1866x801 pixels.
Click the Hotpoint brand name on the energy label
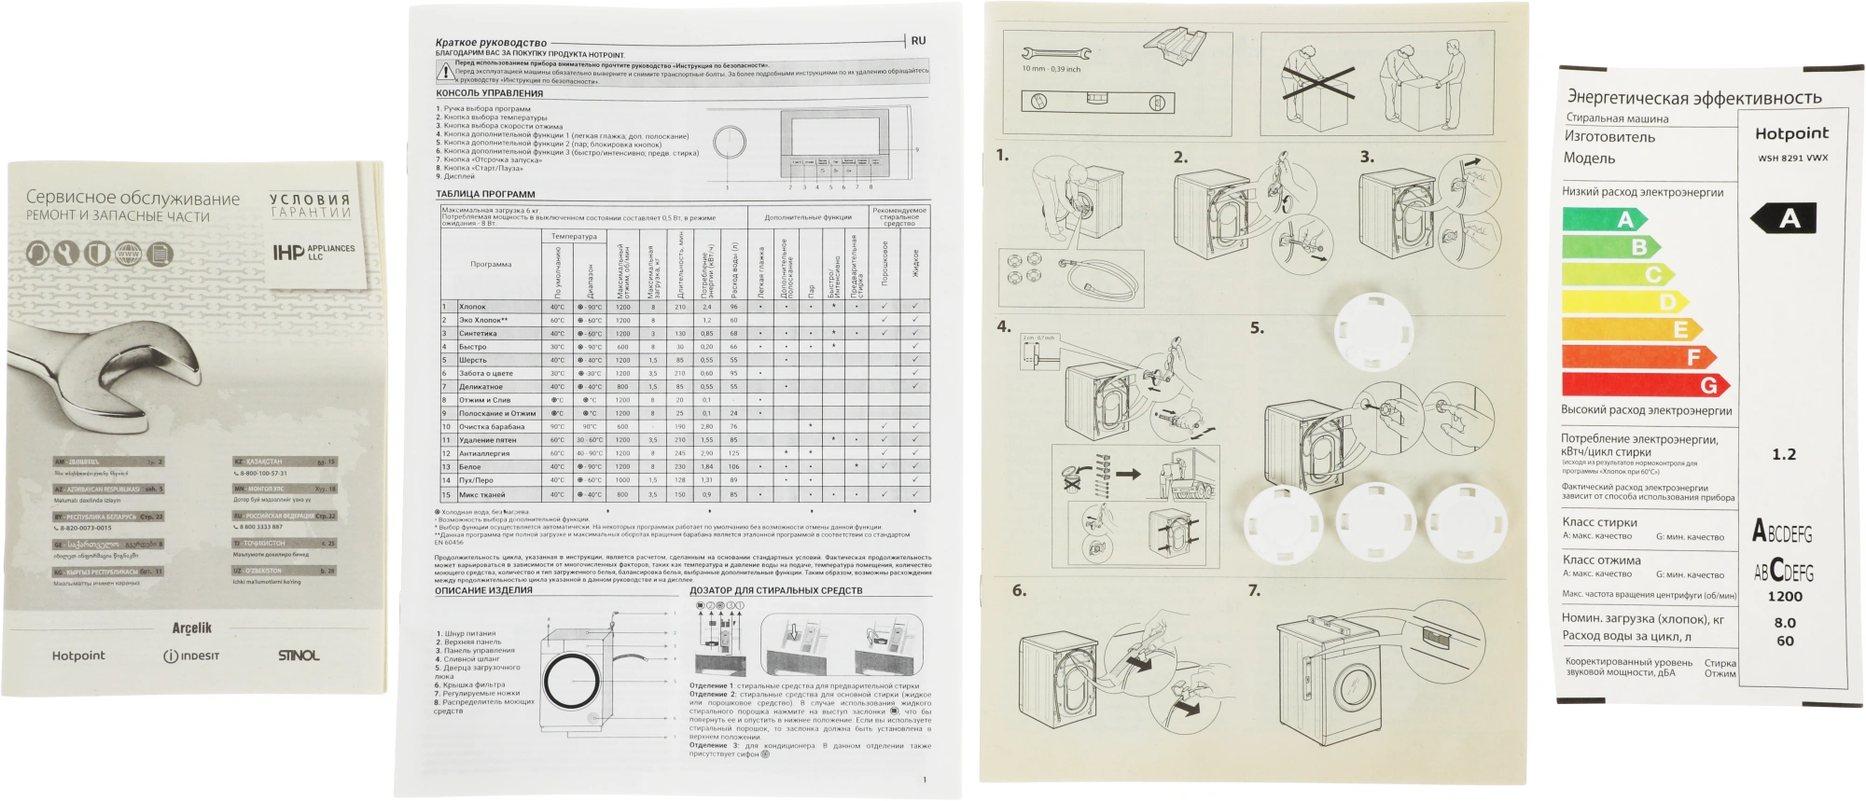[1791, 133]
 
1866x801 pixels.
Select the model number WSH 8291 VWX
[1792, 158]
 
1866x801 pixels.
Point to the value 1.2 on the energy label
[1783, 454]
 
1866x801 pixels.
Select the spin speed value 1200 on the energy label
[1784, 596]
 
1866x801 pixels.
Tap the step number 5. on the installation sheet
[1257, 327]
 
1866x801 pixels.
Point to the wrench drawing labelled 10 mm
[1055, 54]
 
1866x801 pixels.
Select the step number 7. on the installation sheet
[1254, 589]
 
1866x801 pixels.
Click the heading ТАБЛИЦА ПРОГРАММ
[485, 194]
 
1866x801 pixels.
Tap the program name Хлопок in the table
[472, 306]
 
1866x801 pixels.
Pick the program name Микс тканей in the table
[481, 494]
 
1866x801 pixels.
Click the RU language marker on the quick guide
[918, 41]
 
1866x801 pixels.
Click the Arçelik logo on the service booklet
[192, 628]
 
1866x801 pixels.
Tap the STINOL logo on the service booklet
[299, 656]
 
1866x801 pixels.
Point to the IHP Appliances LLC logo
[313, 252]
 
